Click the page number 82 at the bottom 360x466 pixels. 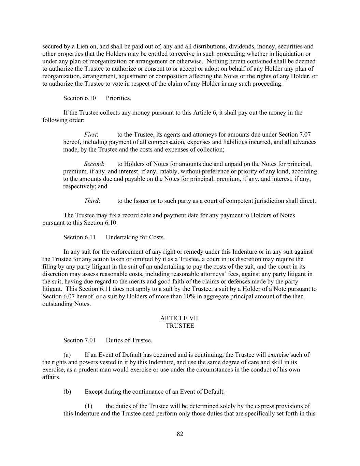180,434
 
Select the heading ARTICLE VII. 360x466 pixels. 180,318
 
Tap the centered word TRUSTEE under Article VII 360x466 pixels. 180,326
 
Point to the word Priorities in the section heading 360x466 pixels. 118,98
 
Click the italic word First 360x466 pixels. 90,135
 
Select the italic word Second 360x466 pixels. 93,164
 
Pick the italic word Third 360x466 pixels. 91,201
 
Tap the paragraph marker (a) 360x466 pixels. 67,355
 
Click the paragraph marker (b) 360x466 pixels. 67,392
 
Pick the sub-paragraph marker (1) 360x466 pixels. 88,406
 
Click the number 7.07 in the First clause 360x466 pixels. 304,135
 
